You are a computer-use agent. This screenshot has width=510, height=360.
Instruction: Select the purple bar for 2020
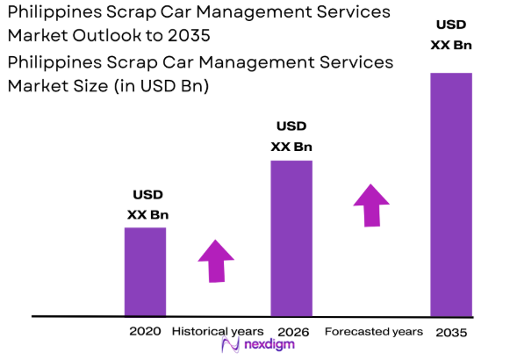tap(145, 271)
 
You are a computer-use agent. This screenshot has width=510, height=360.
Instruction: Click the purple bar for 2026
tap(291, 238)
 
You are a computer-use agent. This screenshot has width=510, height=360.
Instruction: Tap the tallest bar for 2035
tap(450, 194)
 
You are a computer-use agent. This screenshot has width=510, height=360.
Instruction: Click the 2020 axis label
tap(145, 332)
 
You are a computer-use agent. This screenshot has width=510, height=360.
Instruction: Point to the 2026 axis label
tap(292, 332)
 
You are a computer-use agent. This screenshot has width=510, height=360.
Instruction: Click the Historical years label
tap(217, 332)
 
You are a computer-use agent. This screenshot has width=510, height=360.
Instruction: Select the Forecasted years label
tap(373, 332)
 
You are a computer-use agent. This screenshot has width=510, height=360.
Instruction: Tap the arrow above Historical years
tap(216, 260)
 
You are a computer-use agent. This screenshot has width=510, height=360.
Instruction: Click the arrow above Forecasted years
tap(372, 205)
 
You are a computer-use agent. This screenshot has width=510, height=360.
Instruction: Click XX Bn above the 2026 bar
tap(292, 147)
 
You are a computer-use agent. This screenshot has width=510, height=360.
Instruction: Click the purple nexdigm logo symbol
tap(232, 346)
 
